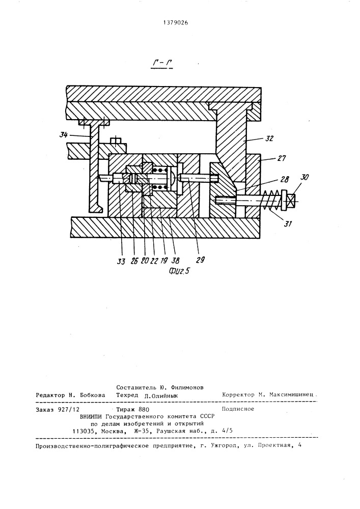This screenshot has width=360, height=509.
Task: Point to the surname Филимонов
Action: point(186,387)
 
